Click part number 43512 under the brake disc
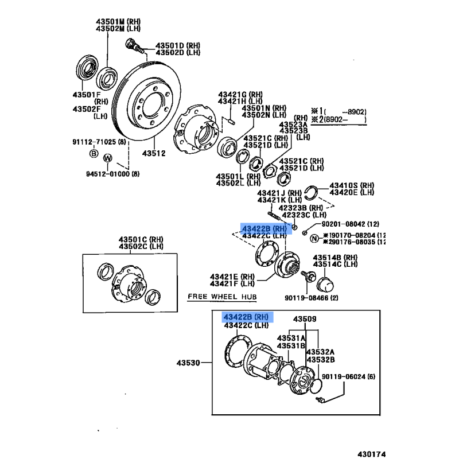154,153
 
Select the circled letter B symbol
94,153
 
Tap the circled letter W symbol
108,158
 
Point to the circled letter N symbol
314,239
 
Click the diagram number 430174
371,454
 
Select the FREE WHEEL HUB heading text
222,297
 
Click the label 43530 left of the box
188,363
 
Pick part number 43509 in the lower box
305,319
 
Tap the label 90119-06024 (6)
348,376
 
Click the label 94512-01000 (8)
112,174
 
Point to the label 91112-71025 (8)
99,142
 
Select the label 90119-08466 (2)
312,298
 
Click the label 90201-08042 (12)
351,224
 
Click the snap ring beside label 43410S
311,193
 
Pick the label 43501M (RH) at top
118,22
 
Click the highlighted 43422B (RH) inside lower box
246,317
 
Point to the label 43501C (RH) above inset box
141,239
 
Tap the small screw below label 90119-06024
320,400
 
